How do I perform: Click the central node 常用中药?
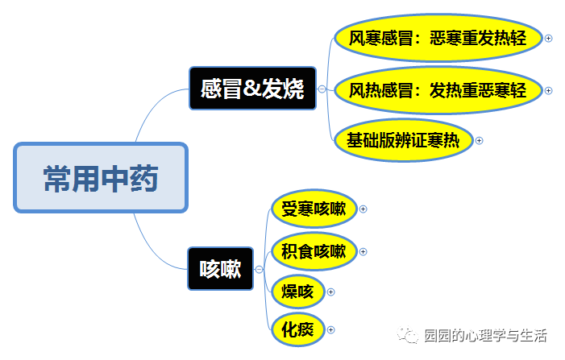pyautogui.click(x=101, y=178)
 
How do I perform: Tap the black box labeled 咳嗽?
pyautogui.click(x=220, y=269)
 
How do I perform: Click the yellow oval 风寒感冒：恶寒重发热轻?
pyautogui.click(x=438, y=38)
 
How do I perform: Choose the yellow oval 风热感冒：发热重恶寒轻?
pyautogui.click(x=438, y=90)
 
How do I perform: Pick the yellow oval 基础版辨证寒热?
pyautogui.click(x=402, y=140)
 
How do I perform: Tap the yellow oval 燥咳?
pyautogui.click(x=297, y=292)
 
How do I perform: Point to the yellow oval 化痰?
pyautogui.click(x=297, y=329)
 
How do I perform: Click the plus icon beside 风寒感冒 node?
pyautogui.click(x=549, y=38)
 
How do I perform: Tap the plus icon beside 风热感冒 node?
pyautogui.click(x=549, y=90)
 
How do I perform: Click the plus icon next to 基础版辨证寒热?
pyautogui.click(x=479, y=140)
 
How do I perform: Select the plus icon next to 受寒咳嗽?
pyautogui.click(x=363, y=209)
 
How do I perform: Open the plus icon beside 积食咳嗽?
pyautogui.click(x=363, y=252)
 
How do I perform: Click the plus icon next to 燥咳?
pyautogui.click(x=330, y=292)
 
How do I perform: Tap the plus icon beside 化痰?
pyautogui.click(x=330, y=329)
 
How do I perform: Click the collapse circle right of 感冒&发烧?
pyautogui.click(x=322, y=89)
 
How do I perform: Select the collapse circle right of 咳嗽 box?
pyautogui.click(x=259, y=269)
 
